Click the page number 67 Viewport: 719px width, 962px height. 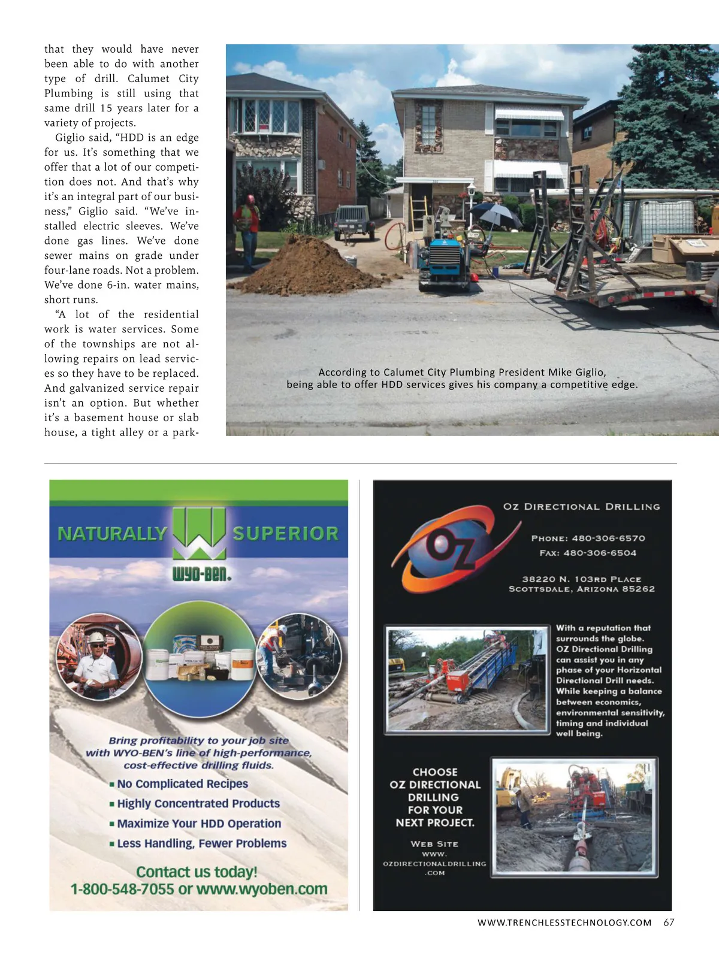click(x=669, y=922)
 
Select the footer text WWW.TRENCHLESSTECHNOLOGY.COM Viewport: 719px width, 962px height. click(x=564, y=922)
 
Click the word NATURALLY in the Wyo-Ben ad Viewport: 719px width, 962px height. click(x=112, y=533)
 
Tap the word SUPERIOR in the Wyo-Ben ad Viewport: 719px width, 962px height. click(x=285, y=533)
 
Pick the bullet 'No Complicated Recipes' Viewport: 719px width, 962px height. click(x=182, y=783)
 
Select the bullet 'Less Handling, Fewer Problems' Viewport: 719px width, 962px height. click(x=201, y=843)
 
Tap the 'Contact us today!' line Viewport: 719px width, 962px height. click(x=197, y=872)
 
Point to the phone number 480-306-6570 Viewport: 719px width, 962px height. click(x=608, y=538)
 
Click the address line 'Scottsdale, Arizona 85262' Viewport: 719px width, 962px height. click(x=582, y=589)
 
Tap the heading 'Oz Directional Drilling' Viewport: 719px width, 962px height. click(x=581, y=507)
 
